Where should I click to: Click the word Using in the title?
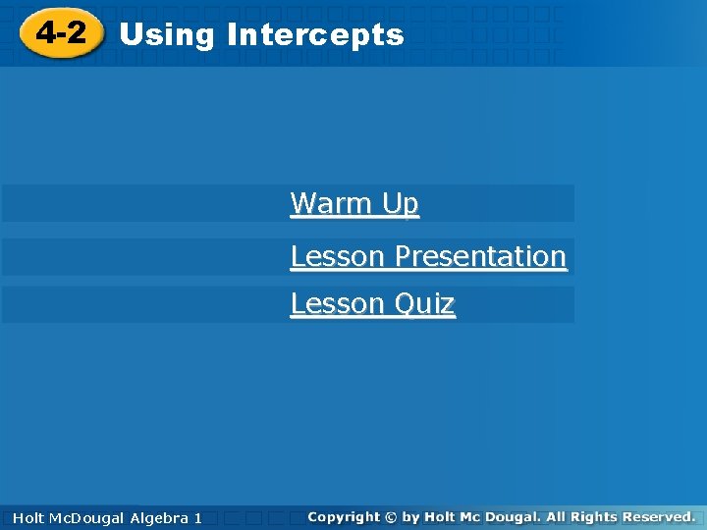pos(166,35)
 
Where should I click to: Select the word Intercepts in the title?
pos(314,35)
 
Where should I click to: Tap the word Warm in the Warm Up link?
pos(331,203)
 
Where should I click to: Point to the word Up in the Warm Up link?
pos(401,203)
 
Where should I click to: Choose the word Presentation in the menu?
pos(480,256)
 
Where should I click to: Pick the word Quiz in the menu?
pos(425,304)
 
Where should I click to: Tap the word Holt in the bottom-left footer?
pos(27,517)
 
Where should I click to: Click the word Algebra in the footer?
pos(158,517)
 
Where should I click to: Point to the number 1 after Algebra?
pos(197,517)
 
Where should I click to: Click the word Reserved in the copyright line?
pos(667,516)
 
